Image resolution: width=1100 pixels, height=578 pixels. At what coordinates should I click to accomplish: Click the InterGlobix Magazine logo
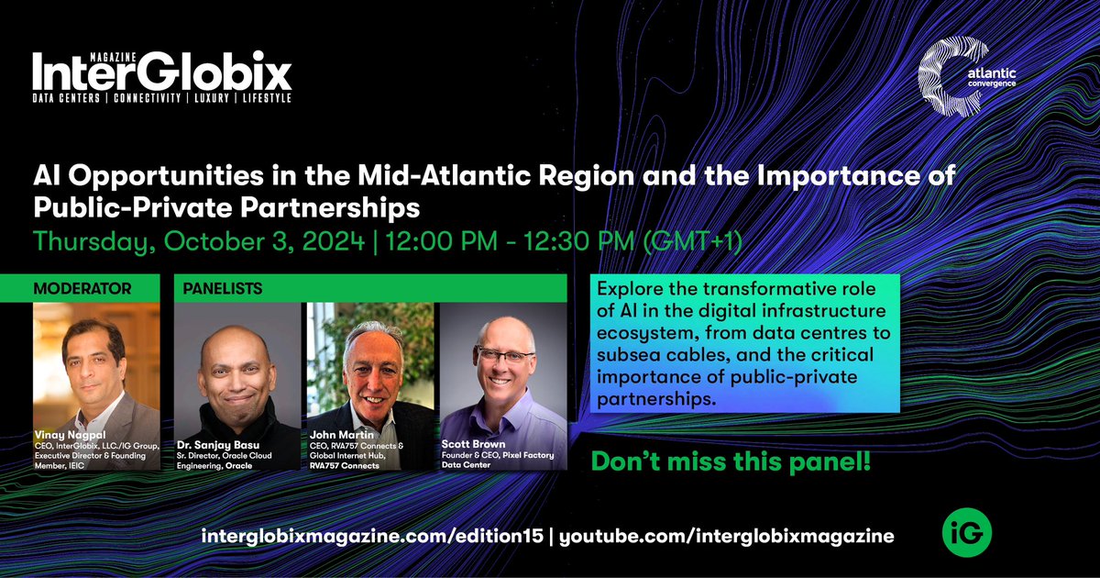162,77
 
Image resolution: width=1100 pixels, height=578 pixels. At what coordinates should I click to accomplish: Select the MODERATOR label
82,288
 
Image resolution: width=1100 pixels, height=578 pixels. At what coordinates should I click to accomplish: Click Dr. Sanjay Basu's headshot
236,367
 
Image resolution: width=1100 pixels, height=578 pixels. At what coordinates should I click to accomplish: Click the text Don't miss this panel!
729,463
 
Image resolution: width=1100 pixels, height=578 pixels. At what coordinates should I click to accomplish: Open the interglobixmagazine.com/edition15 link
374,536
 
